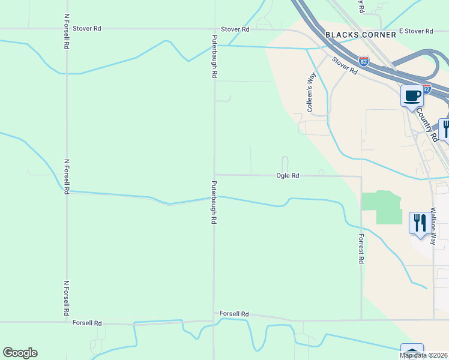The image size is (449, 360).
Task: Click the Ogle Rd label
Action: point(288,176)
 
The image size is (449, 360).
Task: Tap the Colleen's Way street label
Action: point(311,92)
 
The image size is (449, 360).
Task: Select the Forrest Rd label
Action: point(362,249)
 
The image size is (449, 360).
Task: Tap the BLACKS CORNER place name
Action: point(361,35)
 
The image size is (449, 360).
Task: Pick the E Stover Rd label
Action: point(415,31)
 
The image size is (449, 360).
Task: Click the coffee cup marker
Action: point(412,96)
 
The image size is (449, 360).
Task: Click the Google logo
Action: point(20,353)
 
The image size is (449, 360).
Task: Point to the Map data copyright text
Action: point(424,355)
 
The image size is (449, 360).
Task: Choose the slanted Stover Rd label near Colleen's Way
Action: point(345,65)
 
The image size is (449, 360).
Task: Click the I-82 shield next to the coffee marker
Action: point(426,89)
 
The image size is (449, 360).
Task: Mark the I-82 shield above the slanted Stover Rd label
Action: point(363,61)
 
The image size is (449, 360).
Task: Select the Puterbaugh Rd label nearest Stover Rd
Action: point(214,56)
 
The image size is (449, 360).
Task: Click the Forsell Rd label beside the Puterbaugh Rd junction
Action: point(234,314)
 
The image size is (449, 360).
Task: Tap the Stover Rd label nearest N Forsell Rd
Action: point(87,28)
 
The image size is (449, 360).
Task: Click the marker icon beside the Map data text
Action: point(412,352)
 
